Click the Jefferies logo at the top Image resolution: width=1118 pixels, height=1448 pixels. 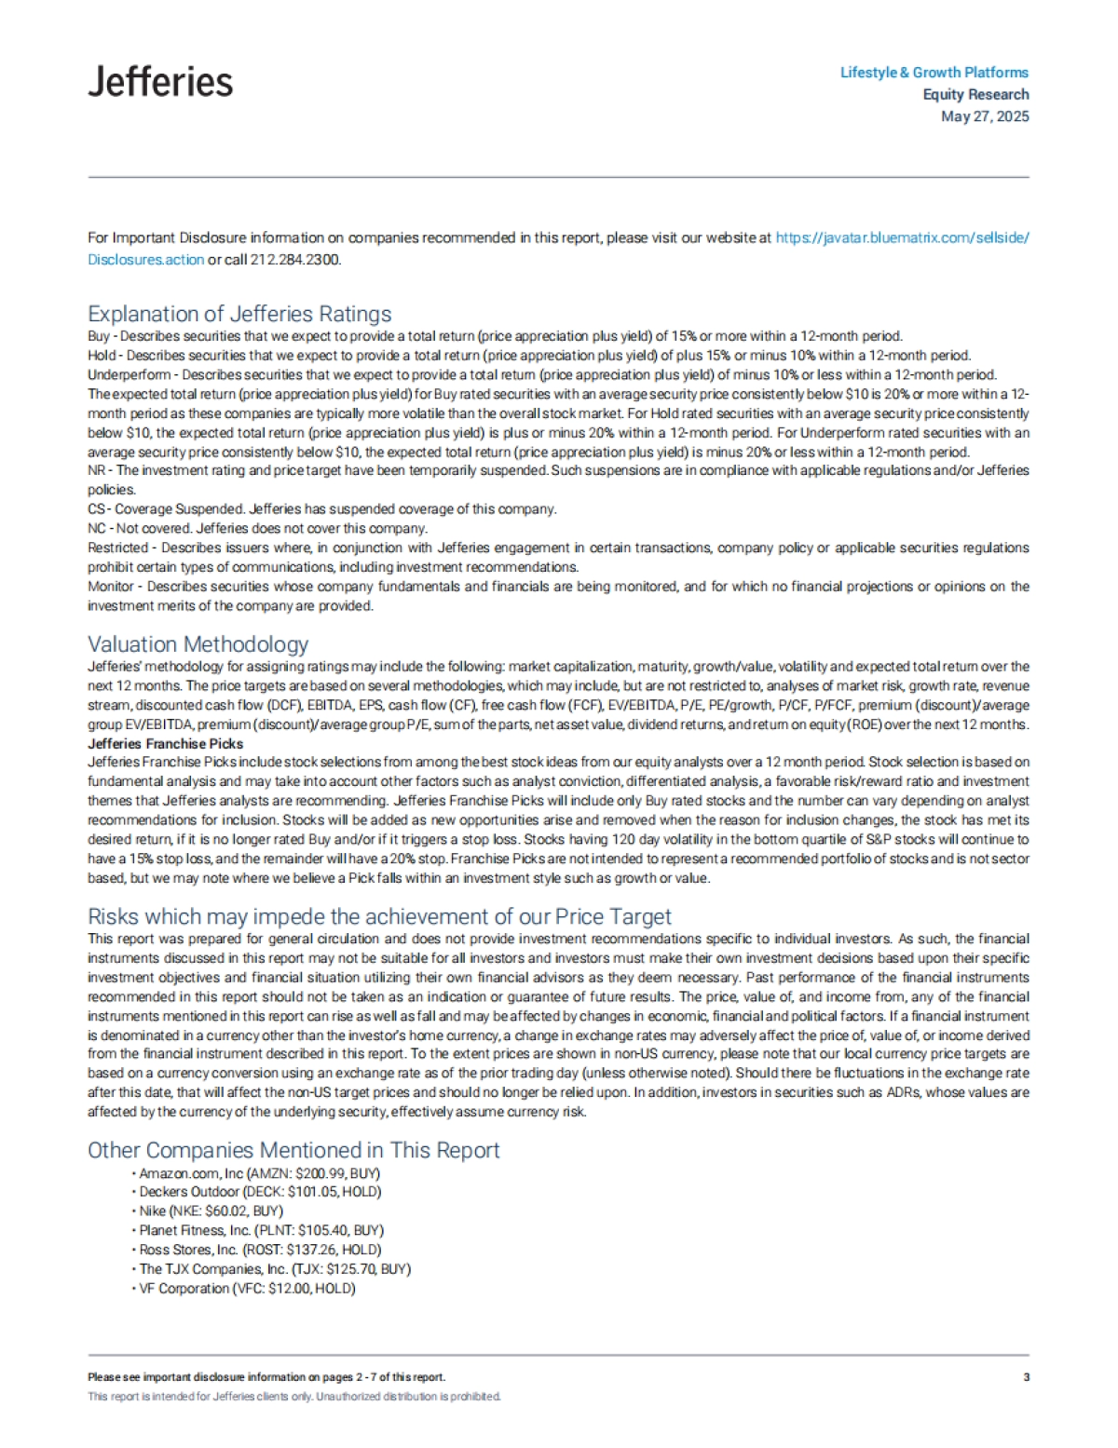tap(160, 82)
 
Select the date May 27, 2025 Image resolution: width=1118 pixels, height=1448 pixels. tap(985, 116)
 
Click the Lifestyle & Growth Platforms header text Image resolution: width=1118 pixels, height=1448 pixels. tap(934, 73)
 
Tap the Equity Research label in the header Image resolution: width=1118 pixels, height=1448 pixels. tap(975, 94)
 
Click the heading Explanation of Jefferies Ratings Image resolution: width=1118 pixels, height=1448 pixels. tap(239, 314)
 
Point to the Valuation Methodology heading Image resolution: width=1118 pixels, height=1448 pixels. tap(198, 644)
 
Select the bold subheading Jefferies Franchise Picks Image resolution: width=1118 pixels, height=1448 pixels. tap(165, 744)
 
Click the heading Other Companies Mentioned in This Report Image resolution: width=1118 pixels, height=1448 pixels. tap(293, 1150)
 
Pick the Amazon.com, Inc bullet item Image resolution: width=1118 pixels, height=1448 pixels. tap(259, 1173)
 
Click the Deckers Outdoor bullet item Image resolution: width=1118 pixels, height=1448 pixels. tap(260, 1192)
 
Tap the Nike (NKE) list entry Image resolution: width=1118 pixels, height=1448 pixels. tap(211, 1211)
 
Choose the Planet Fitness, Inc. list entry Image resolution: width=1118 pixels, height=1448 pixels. tap(261, 1230)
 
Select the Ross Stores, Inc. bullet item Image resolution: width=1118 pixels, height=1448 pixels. tap(260, 1250)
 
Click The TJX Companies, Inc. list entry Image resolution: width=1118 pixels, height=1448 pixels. tap(275, 1269)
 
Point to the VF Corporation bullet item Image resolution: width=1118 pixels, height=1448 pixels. tap(247, 1289)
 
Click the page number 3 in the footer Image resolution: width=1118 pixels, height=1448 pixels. tap(1026, 1377)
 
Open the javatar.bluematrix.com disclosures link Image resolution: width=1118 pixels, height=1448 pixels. tap(902, 237)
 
